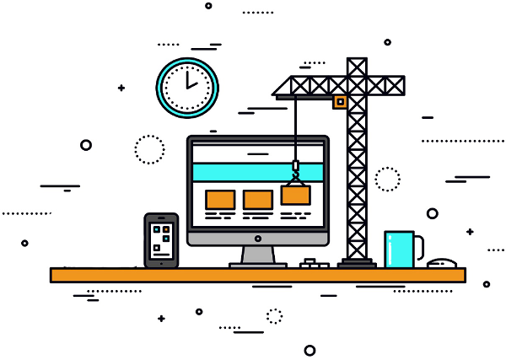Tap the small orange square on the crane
click(340, 101)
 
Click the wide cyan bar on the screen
click(257, 173)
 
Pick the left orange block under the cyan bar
click(220, 199)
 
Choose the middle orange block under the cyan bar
click(257, 199)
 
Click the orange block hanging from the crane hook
click(295, 196)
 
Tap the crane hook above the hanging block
click(295, 173)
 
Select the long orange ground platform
click(257, 275)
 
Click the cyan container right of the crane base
click(400, 250)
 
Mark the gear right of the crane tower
click(389, 178)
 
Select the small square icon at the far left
click(85, 146)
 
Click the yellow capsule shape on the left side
click(61, 184)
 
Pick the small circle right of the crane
click(432, 212)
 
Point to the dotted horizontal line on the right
click(455, 142)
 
